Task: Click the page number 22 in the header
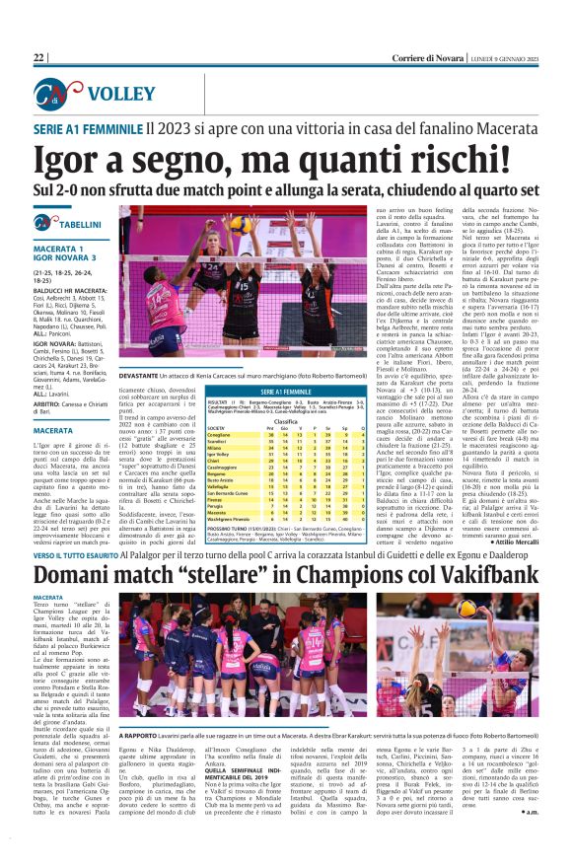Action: [39, 58]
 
